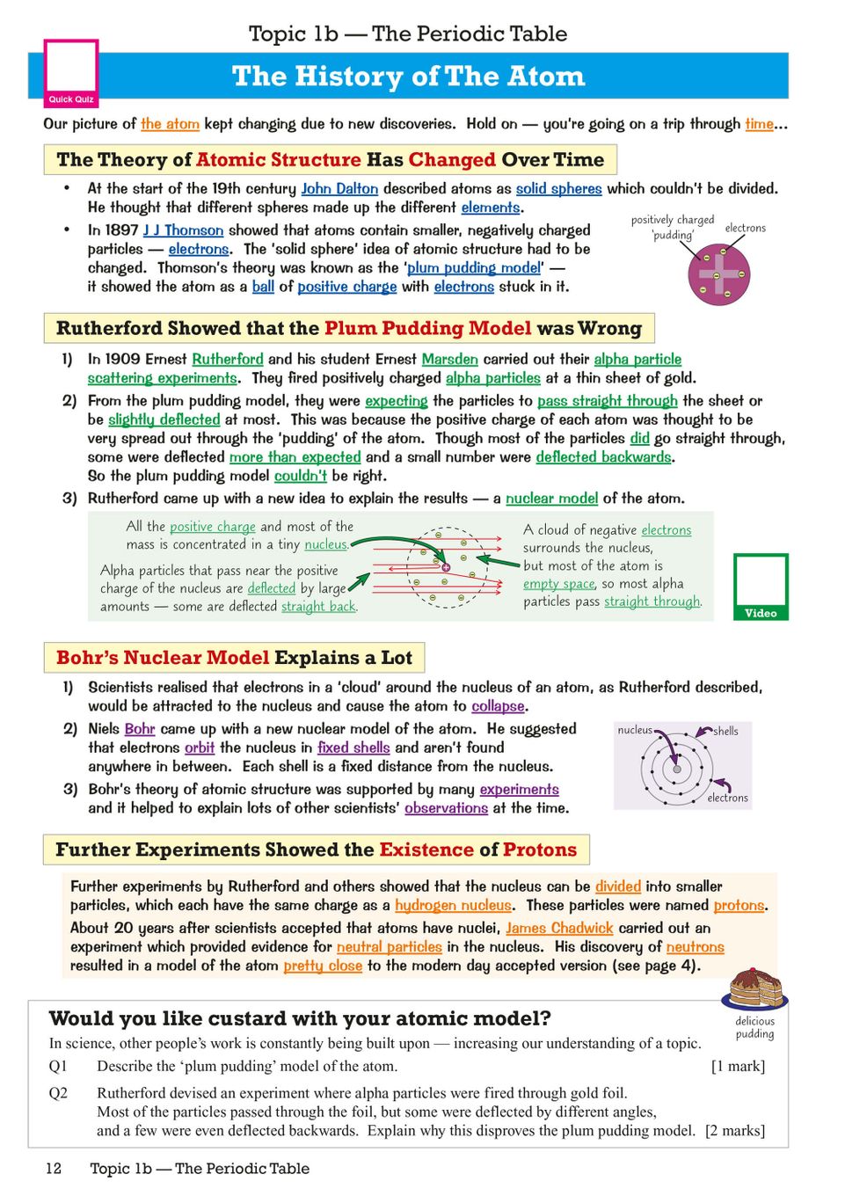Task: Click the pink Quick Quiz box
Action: pyautogui.click(x=71, y=73)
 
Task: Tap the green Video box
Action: pyautogui.click(x=761, y=587)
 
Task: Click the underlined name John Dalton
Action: pyautogui.click(x=339, y=188)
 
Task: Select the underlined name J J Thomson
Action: pyautogui.click(x=183, y=230)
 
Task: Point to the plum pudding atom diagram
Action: pyautogui.click(x=719, y=274)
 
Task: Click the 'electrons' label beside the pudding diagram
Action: pyautogui.click(x=745, y=228)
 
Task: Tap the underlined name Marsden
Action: pyautogui.click(x=449, y=359)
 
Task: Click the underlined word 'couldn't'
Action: pyautogui.click(x=300, y=476)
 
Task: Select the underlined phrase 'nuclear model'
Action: pyautogui.click(x=551, y=498)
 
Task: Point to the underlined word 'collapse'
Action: pyautogui.click(x=498, y=706)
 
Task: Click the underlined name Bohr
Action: pyautogui.click(x=140, y=728)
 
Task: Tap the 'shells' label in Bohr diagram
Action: pyautogui.click(x=725, y=731)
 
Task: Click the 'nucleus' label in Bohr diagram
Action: pyautogui.click(x=635, y=730)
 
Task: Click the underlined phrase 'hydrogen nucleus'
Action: pyautogui.click(x=453, y=905)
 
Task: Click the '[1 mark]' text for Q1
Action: pyautogui.click(x=738, y=1066)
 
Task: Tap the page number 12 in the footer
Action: pyautogui.click(x=54, y=1168)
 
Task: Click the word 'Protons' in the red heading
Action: pyautogui.click(x=540, y=850)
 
